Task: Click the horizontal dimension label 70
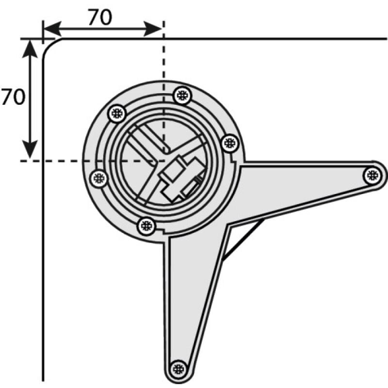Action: pyautogui.click(x=100, y=17)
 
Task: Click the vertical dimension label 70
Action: pyautogui.click(x=13, y=97)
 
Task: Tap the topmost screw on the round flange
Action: pyautogui.click(x=182, y=95)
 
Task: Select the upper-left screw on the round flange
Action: pyautogui.click(x=116, y=114)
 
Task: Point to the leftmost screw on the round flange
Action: pyautogui.click(x=99, y=178)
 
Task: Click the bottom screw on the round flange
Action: pyautogui.click(x=146, y=225)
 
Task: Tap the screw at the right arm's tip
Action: pyautogui.click(x=372, y=175)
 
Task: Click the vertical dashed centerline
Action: pyautogui.click(x=163, y=58)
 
